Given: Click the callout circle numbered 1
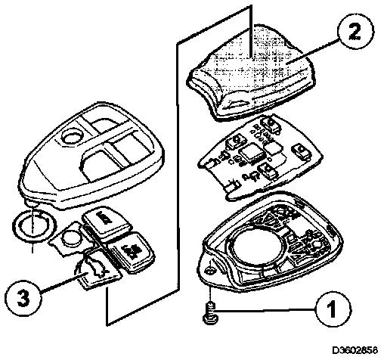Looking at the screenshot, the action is [333, 309].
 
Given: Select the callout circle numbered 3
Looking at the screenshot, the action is [23, 298].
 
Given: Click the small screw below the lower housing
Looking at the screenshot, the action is [209, 313].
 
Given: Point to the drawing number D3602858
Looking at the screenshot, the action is [355, 350].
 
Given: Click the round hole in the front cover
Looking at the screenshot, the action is [72, 137].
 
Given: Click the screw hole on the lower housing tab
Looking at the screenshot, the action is [209, 271].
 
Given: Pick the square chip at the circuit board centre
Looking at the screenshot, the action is [252, 154].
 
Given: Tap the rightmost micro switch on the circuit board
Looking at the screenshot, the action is [301, 151].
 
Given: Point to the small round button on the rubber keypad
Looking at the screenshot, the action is [71, 237].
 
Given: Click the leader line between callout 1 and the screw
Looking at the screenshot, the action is [265, 310].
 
